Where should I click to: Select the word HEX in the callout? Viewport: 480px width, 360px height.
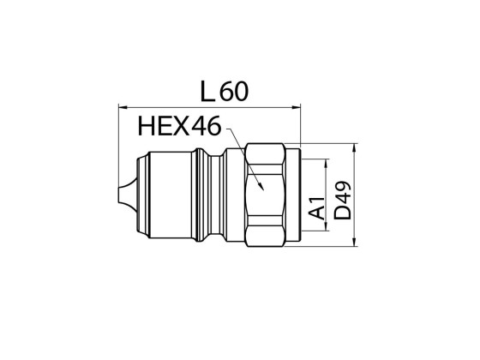pyautogui.click(x=162, y=129)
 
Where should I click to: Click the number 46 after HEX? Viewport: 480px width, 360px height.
pyautogui.click(x=203, y=129)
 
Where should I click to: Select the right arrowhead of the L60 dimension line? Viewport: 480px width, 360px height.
pyautogui.click(x=299, y=107)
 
